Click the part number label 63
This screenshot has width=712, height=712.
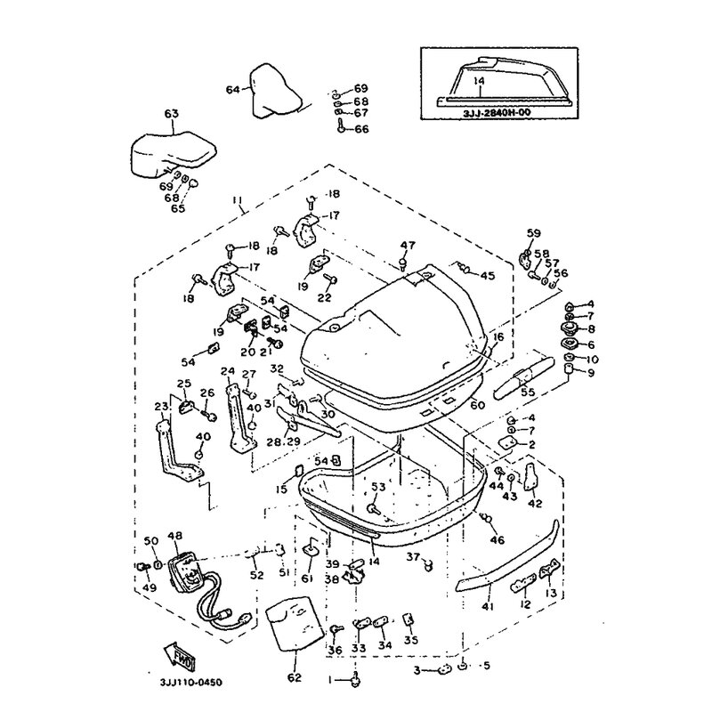click(171, 113)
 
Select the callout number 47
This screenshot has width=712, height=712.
click(407, 246)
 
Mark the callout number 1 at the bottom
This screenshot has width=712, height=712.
click(330, 680)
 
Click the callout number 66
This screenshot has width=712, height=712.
click(361, 130)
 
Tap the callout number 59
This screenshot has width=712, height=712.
click(533, 234)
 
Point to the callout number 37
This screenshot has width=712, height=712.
click(413, 556)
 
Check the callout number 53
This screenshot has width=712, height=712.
click(378, 487)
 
